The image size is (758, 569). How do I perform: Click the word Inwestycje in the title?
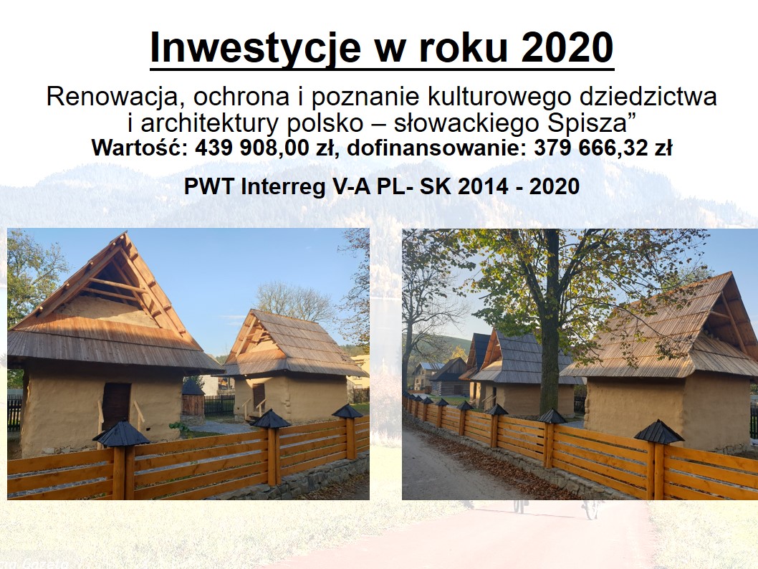coord(256,48)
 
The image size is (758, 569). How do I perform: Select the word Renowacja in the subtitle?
coord(112,97)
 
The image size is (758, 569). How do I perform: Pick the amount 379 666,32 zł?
coord(603,148)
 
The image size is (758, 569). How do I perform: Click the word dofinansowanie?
coord(436,148)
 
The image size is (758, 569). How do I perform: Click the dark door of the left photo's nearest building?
coord(117,406)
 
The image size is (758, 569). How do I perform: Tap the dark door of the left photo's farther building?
coord(259,395)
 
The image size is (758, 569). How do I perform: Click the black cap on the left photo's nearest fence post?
coord(121,433)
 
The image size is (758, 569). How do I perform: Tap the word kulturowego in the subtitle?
coord(499,97)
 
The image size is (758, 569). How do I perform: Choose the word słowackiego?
coord(467,123)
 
